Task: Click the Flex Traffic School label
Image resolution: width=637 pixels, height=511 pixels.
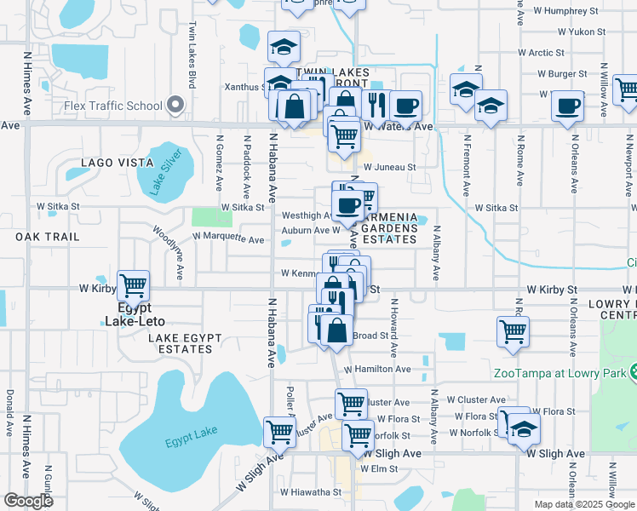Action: (112, 106)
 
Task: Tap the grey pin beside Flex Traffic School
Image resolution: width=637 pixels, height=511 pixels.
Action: (175, 105)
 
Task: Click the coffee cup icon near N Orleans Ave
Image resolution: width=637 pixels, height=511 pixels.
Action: (567, 107)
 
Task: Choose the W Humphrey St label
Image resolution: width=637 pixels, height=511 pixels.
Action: (566, 11)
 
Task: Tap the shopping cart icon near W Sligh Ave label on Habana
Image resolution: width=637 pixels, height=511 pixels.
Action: (279, 432)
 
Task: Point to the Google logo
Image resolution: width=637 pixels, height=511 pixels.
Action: (28, 501)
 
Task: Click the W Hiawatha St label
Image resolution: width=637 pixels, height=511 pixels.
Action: (311, 491)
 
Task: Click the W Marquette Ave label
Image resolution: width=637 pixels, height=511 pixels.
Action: (228, 235)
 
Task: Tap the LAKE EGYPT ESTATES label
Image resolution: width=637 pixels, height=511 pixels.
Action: (185, 344)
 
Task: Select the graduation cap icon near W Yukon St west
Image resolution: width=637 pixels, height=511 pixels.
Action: (284, 46)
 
